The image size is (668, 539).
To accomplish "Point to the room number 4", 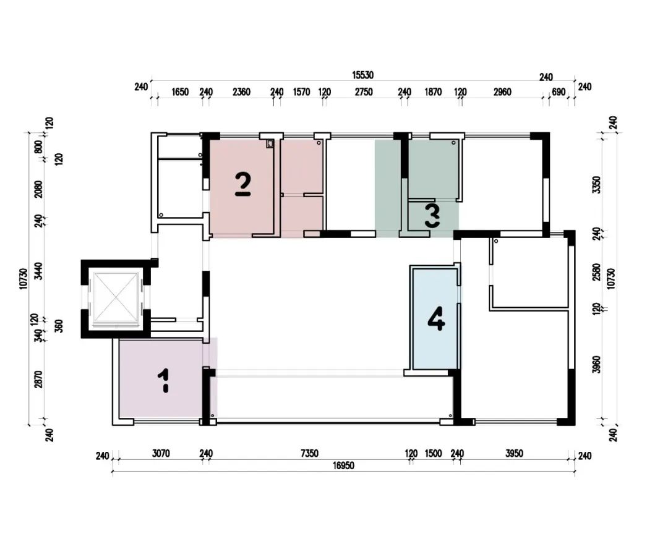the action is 436,318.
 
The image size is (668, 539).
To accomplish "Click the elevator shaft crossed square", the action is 116,297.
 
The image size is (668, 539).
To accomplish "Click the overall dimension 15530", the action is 362,75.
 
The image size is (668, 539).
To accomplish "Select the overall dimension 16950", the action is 343,466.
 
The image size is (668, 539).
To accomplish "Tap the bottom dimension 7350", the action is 309,454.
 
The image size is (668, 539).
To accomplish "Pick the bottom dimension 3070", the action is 161,454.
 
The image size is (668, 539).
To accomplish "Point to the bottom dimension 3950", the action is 514,454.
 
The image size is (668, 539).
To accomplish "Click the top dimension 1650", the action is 180,92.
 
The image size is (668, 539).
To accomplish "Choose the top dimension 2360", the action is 242,92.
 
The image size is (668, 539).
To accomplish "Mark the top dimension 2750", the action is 364,92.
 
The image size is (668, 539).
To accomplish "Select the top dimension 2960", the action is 502,92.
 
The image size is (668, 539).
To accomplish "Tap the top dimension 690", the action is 559,92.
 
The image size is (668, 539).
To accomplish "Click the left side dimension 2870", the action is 38,380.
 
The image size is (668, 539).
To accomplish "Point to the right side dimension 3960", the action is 597,365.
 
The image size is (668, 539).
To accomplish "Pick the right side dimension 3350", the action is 597,185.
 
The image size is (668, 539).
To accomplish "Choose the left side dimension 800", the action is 38,147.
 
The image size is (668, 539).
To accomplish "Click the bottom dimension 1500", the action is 433,454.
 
